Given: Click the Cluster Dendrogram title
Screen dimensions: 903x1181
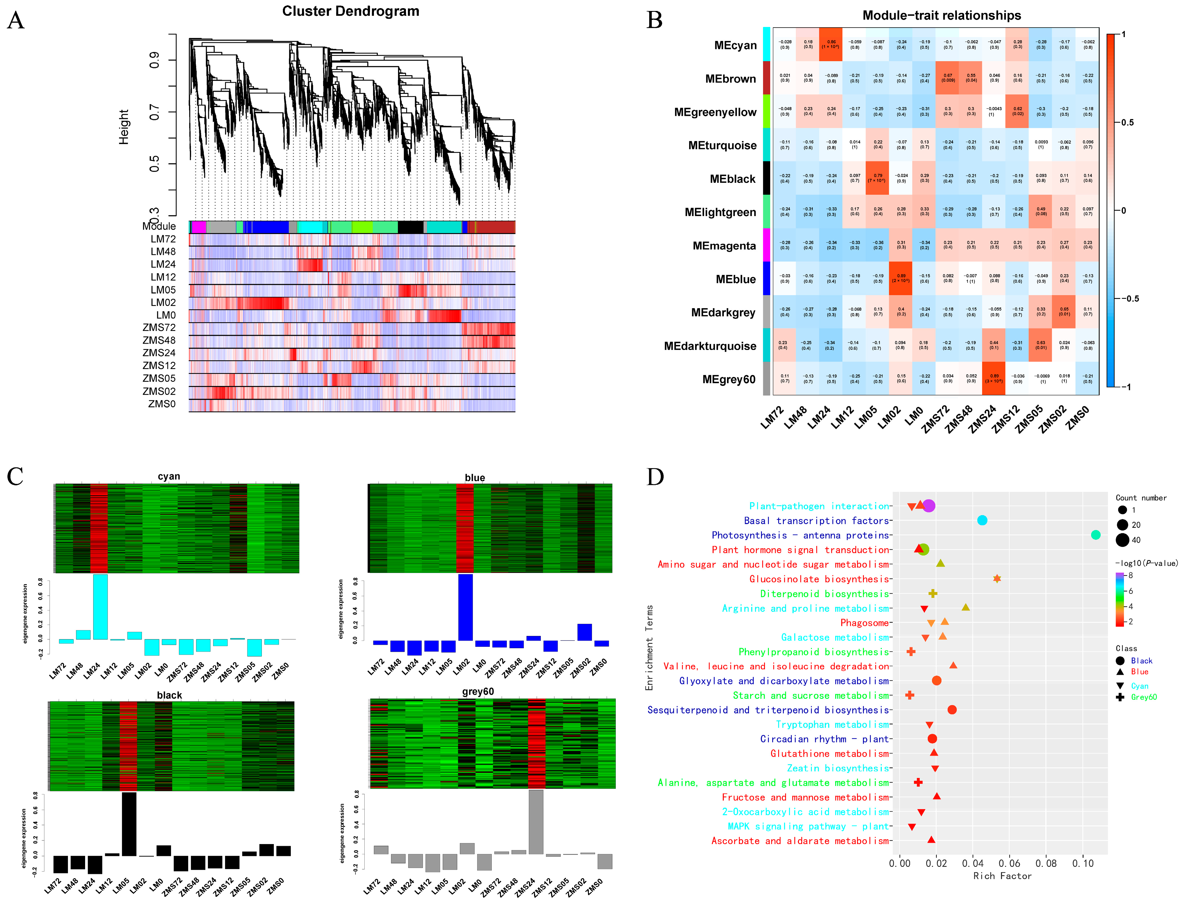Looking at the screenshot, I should (351, 11).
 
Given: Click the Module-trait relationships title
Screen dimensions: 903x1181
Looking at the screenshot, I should (941, 15).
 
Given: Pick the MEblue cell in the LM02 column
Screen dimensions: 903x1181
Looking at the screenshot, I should (901, 278).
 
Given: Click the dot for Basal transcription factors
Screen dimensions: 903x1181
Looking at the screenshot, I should (982, 520).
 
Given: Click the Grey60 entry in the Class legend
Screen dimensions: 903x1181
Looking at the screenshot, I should (1144, 697).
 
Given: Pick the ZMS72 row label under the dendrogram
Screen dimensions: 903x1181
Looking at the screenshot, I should (159, 327).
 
